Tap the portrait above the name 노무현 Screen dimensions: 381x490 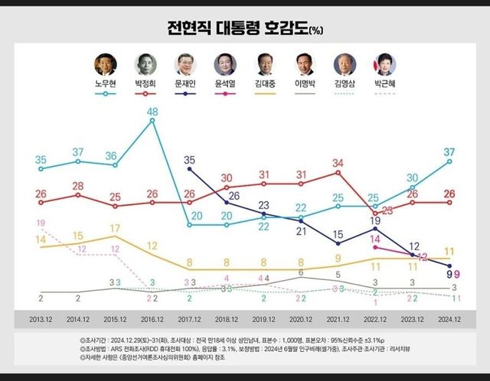point(104,64)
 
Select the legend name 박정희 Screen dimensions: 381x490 point(144,83)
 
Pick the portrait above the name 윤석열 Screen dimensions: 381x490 point(225,64)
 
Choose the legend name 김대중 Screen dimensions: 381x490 point(265,83)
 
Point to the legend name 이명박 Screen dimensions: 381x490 point(305,83)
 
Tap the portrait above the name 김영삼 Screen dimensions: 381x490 point(345,64)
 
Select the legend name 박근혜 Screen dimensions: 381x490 point(384,83)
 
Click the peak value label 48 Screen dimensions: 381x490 point(152,112)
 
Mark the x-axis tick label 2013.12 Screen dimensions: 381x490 point(40,317)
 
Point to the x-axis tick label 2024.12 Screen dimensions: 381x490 point(449,317)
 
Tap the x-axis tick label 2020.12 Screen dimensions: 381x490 point(300,317)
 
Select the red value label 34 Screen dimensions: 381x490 point(338,162)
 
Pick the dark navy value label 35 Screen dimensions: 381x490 point(190,160)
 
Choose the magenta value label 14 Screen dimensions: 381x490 point(375,239)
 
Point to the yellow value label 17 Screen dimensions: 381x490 point(115,228)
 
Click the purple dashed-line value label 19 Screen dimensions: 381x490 point(40,222)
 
